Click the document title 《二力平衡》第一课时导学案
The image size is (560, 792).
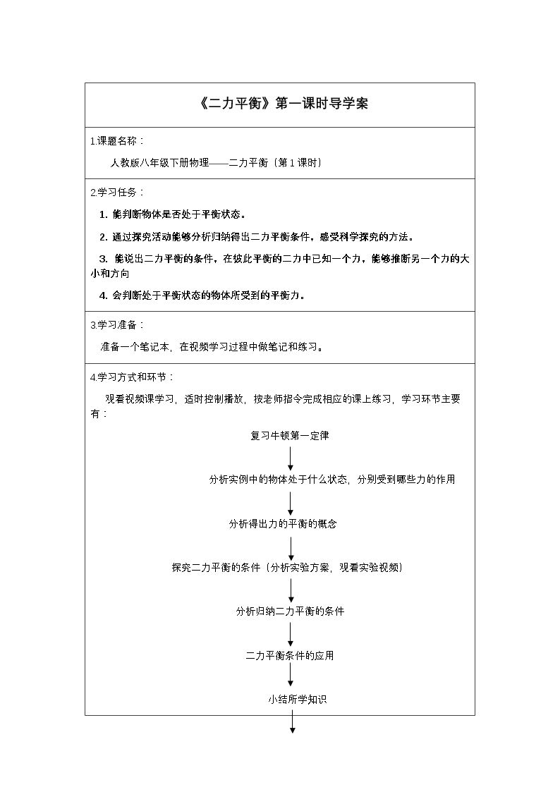coord(280,104)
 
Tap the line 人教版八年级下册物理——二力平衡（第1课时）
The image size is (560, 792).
coord(216,163)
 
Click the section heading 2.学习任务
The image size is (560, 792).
coord(118,193)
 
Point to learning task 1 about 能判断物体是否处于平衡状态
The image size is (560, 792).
coord(173,214)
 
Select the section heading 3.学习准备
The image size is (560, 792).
coord(118,325)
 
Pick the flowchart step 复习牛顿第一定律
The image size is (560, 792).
coord(290,436)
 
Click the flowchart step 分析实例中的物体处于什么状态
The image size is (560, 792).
coord(331,480)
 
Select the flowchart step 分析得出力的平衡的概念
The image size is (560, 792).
coord(283,524)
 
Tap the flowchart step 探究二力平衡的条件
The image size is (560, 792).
coord(287,568)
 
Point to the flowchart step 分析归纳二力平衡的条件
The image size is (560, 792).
coord(290,611)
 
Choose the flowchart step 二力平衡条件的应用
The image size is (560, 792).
coord(290,656)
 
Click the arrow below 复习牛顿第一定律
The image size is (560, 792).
coord(291,458)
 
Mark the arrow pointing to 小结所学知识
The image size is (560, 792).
coord(291,678)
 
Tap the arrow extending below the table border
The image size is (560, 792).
coord(291,723)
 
